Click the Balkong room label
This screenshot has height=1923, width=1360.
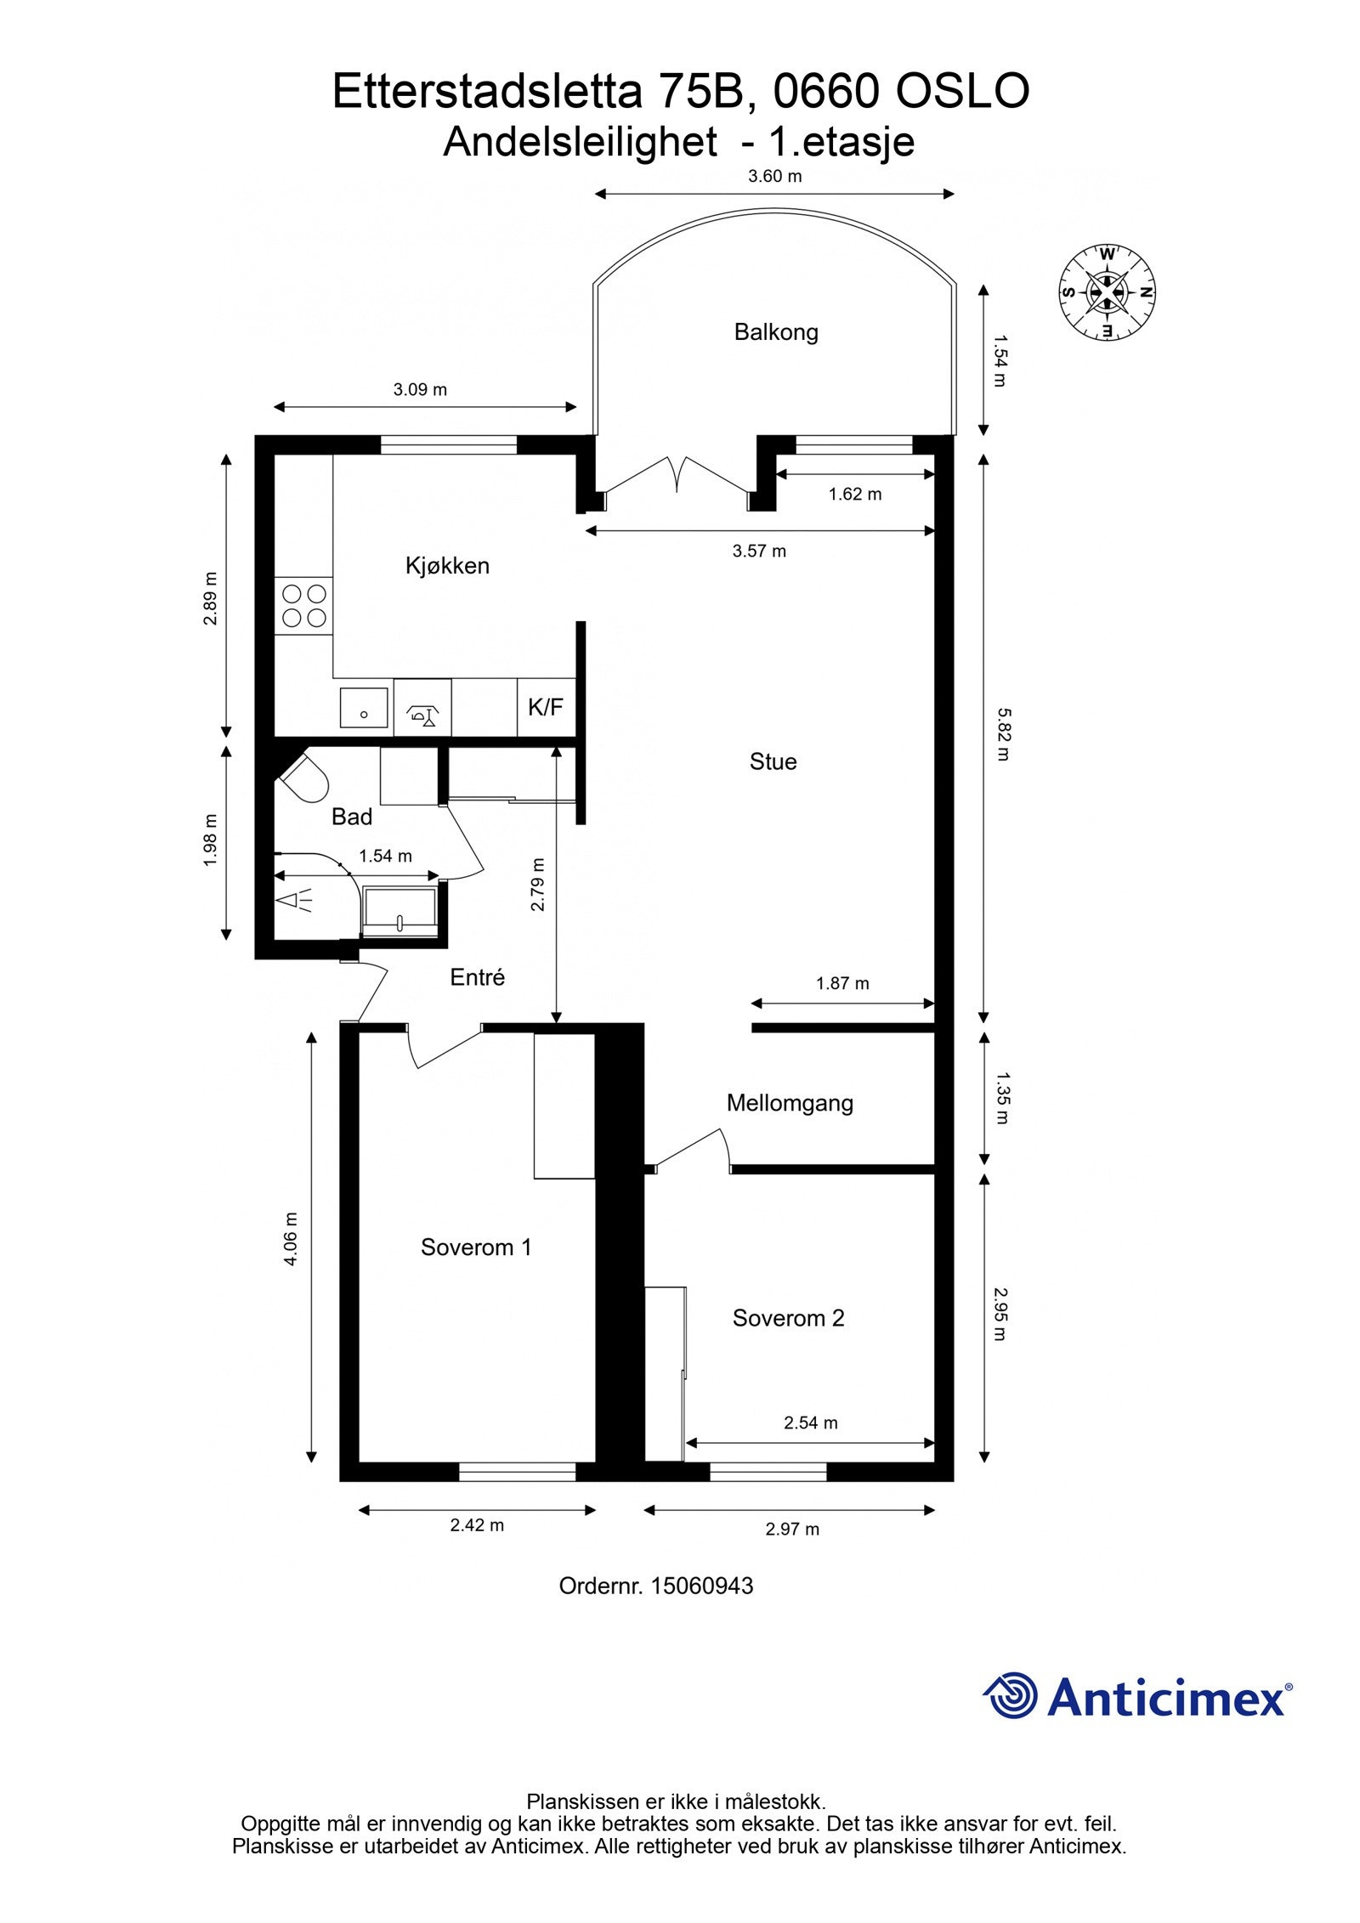coord(776,332)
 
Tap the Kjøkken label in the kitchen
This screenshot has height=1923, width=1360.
coord(448,566)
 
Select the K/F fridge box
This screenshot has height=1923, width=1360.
coord(546,707)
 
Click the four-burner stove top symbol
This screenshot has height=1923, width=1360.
coord(304,605)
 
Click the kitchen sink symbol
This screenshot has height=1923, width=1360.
coord(364,708)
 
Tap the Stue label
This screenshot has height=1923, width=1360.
coord(773,761)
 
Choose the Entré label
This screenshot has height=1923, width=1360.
coord(478,978)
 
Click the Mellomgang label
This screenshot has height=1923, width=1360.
coord(790,1104)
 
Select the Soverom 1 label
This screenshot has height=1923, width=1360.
coord(476,1247)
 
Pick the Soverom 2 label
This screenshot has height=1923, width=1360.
coord(789,1318)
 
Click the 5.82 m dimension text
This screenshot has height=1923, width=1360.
coord(1003,734)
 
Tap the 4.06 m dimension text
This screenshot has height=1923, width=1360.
coord(292,1239)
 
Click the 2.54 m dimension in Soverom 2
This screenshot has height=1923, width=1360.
coord(811,1422)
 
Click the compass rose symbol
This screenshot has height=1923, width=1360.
coord(1108,291)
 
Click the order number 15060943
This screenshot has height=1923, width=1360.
coord(702,1586)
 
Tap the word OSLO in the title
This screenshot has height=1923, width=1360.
coord(963,92)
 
